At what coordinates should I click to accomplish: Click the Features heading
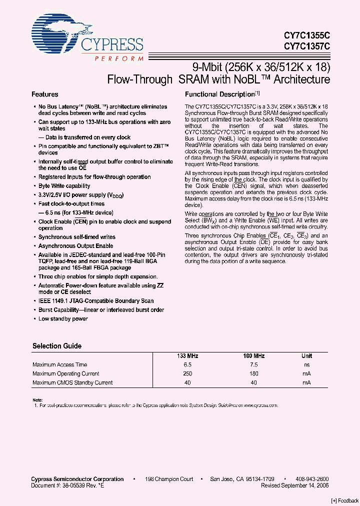click(45, 94)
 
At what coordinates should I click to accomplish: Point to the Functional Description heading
click(220, 94)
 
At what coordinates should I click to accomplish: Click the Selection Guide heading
click(57, 346)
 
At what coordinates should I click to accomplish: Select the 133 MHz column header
click(187, 355)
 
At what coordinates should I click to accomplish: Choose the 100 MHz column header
click(254, 355)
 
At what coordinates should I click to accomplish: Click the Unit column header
click(306, 355)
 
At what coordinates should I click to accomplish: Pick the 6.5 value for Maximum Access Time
click(187, 364)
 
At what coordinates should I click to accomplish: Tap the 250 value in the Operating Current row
click(187, 373)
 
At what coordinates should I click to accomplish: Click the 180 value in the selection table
click(254, 373)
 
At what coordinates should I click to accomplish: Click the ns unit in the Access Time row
click(306, 364)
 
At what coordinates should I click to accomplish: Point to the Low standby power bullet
click(63, 319)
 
